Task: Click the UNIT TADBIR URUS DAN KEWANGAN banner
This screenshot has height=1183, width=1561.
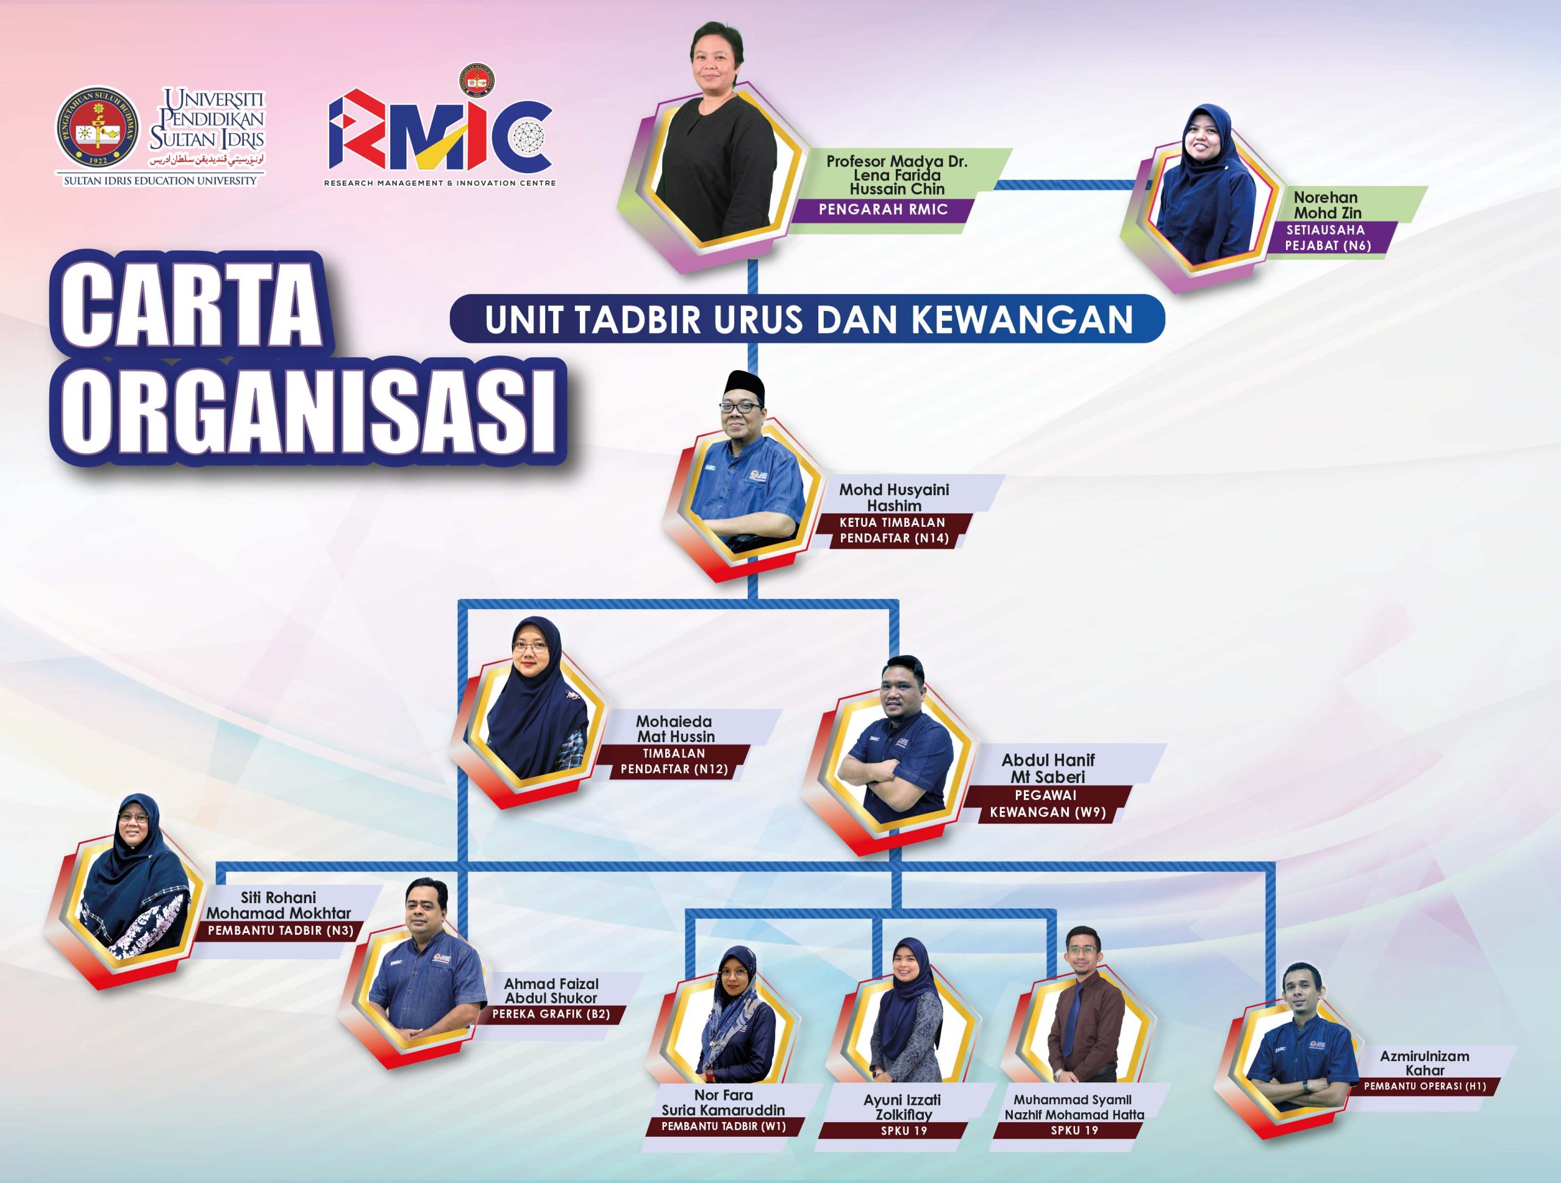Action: (807, 319)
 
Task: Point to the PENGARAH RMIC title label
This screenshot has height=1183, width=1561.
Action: (882, 209)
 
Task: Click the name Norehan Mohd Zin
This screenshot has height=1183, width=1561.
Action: (1327, 205)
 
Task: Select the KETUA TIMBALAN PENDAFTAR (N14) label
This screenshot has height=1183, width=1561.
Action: (893, 531)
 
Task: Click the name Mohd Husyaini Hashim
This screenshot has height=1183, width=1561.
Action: (893, 497)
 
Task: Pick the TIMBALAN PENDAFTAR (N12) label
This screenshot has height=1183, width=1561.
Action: (674, 762)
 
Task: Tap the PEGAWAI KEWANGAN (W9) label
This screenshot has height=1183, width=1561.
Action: (1047, 804)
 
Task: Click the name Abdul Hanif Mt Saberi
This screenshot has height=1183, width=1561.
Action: (1048, 768)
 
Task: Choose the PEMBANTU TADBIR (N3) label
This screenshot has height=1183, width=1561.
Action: (280, 931)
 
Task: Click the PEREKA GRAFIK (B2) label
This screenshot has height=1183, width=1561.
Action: (551, 1014)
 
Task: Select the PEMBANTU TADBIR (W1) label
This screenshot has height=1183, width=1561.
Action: (723, 1126)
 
